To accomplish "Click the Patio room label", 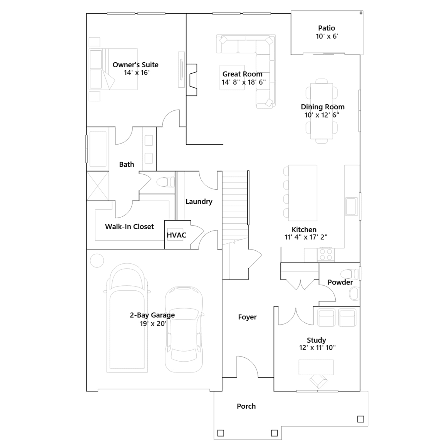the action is tap(327, 28).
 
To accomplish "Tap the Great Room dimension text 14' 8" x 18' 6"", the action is tap(244, 82).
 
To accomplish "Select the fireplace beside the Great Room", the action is tap(192, 80).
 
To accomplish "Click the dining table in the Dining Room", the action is tap(322, 111).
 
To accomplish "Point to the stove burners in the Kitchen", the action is tap(326, 254).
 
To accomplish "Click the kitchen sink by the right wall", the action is tap(351, 206).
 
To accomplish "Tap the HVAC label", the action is tap(176, 235).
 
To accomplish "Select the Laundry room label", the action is tap(199, 202).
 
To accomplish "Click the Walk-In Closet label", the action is tap(129, 227).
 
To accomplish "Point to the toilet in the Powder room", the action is tap(350, 274).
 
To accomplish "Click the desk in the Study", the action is tap(316, 367).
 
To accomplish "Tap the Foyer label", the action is tap(247, 317).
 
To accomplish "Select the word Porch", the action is tap(246, 406).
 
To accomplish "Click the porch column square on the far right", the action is tap(361, 419).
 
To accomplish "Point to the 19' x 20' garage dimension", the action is tap(153, 323).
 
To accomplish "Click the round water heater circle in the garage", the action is tap(97, 261).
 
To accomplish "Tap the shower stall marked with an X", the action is tap(98, 186).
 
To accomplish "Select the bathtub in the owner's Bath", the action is tap(98, 149).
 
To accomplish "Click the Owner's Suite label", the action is tap(135, 65).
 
